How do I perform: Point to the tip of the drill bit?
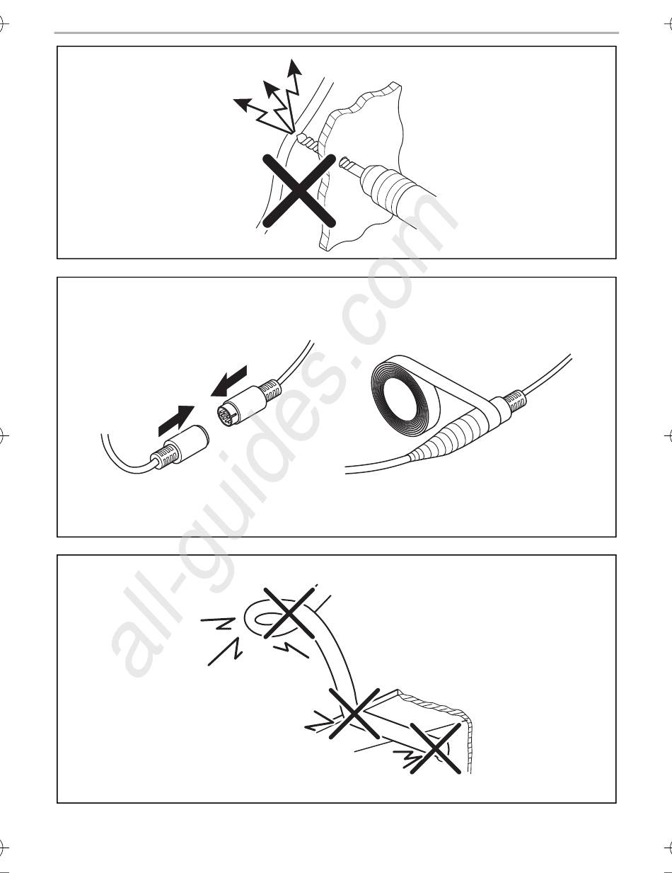pyautogui.click(x=341, y=162)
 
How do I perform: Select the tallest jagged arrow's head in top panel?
pyautogui.click(x=295, y=67)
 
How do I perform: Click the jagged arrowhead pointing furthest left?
pyautogui.click(x=242, y=103)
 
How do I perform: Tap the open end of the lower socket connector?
pyautogui.click(x=204, y=435)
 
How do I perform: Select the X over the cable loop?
pyautogui.click(x=289, y=612)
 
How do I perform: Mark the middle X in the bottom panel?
pyautogui.click(x=354, y=714)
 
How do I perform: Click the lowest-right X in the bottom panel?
pyautogui.click(x=435, y=749)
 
